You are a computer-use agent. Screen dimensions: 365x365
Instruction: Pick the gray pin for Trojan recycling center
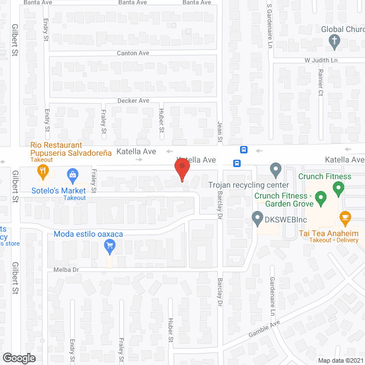276,169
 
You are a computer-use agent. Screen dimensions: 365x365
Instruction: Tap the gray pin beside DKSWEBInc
257,218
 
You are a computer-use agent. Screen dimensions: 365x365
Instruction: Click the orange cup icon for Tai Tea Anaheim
344,217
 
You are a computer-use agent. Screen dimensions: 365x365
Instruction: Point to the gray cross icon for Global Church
335,40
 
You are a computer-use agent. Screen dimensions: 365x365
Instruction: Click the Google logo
19,358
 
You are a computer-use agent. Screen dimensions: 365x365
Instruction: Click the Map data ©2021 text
340,360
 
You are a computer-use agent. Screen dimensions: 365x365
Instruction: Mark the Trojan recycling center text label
248,185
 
